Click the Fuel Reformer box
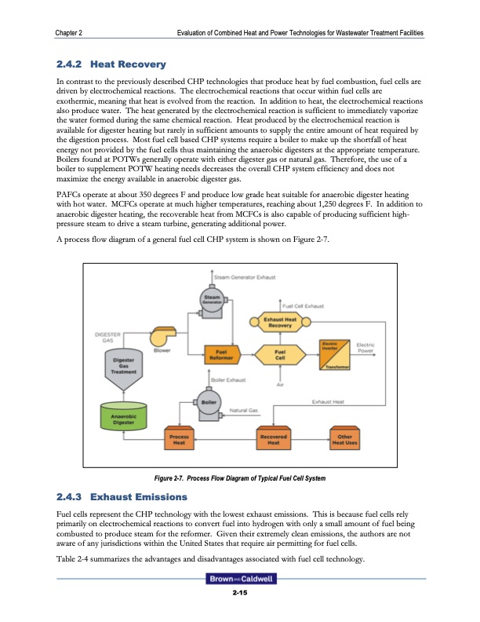pos(215,354)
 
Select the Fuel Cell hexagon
pos(278,355)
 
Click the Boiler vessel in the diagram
pos(209,403)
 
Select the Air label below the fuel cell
pos(279,385)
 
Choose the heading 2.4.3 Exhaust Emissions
pos(121,497)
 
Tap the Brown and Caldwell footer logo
pos(239,580)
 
